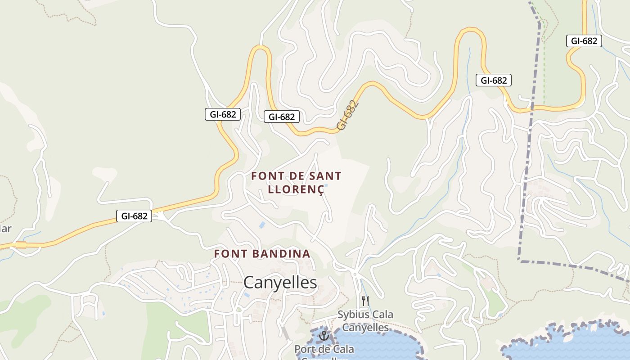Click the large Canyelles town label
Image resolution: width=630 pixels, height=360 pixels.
click(x=280, y=283)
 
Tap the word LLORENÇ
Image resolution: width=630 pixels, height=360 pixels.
click(x=296, y=189)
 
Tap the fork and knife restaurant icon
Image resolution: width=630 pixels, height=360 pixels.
click(x=365, y=301)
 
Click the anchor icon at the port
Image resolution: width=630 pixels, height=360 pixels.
click(x=323, y=336)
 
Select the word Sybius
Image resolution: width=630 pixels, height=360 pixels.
click(x=353, y=315)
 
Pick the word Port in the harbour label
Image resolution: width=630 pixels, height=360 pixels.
click(x=304, y=349)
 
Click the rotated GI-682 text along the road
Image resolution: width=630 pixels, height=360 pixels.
click(x=348, y=116)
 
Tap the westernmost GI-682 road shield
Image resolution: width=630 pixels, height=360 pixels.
click(x=134, y=216)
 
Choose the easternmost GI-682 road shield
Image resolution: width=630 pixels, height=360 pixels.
click(x=584, y=41)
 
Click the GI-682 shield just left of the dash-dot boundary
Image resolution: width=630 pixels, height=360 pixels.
click(x=494, y=81)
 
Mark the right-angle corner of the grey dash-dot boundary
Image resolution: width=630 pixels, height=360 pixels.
click(x=519, y=261)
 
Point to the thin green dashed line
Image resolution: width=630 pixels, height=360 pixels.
click(x=544, y=67)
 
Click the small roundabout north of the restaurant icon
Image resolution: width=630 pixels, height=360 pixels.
click(x=355, y=274)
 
